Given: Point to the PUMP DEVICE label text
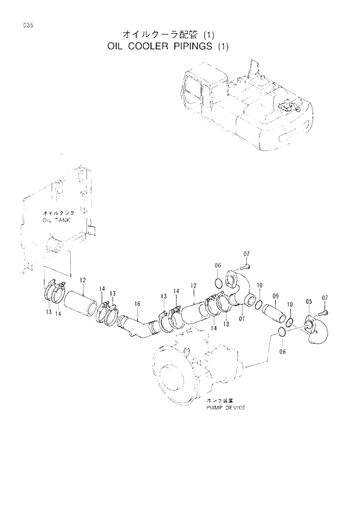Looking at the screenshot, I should point(225,408).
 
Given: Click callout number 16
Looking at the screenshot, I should point(137,304).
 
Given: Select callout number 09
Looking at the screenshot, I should point(276,296).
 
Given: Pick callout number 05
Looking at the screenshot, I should point(309,301).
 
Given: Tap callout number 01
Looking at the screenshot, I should point(242,319).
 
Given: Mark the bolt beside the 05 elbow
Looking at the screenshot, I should point(325,312).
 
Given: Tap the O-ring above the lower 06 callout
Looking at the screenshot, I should point(280,332).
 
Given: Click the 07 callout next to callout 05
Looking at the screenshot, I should point(325,298).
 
